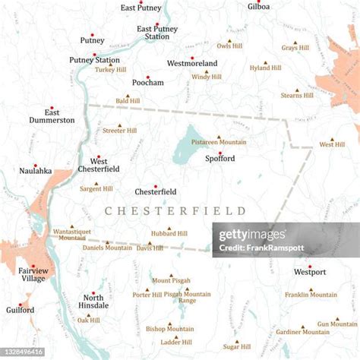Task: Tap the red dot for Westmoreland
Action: [x=192, y=58]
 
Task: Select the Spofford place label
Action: [x=219, y=159]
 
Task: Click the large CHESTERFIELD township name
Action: [x=175, y=210]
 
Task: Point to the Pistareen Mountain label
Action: [x=219, y=142]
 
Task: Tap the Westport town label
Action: [x=310, y=271]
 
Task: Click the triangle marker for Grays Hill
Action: [x=295, y=42]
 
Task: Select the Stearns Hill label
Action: [x=296, y=96]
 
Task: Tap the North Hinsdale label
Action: [x=93, y=303]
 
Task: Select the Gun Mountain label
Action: [x=338, y=324]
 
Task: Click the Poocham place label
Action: [x=147, y=83]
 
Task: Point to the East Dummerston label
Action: [x=52, y=115]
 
